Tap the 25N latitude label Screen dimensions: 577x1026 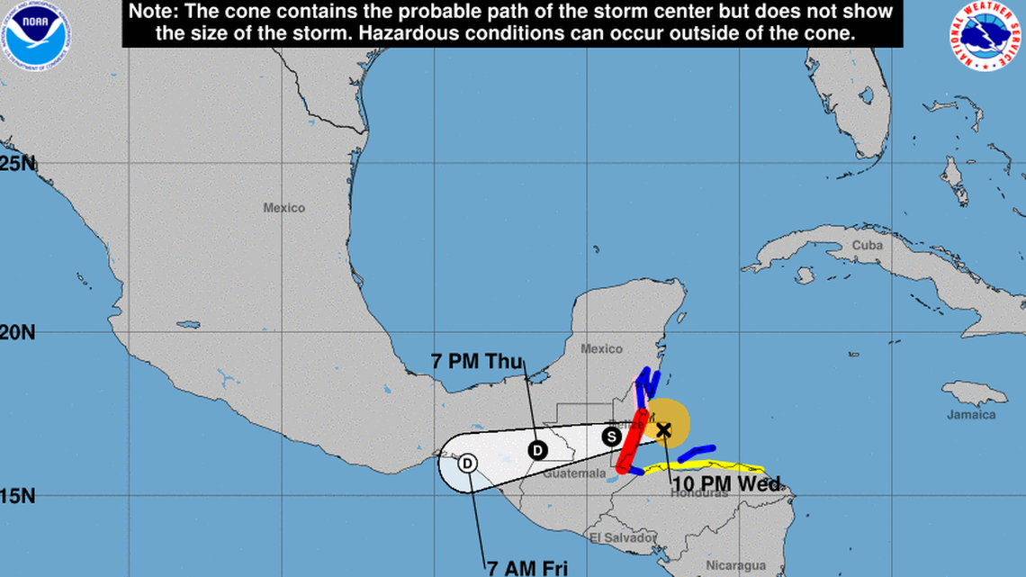(x=18, y=164)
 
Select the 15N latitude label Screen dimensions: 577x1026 (x=18, y=495)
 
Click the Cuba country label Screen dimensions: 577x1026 (x=867, y=245)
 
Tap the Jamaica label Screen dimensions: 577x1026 (x=971, y=415)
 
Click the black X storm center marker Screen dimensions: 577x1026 (x=663, y=430)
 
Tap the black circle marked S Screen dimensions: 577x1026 (x=612, y=437)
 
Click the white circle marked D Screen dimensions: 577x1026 (x=467, y=464)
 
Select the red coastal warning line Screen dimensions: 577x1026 (x=632, y=441)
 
